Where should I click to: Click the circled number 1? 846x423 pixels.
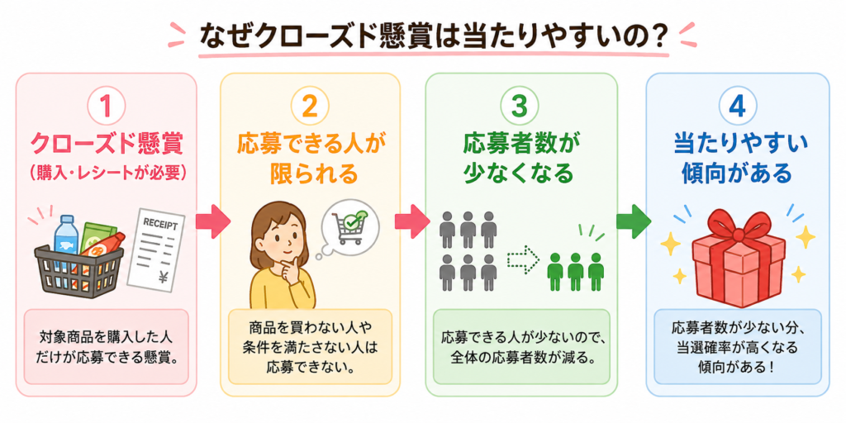click(x=107, y=107)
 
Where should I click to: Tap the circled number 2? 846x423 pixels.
click(x=309, y=107)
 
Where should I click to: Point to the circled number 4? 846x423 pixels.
click(x=736, y=107)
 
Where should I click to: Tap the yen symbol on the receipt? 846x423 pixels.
click(x=164, y=277)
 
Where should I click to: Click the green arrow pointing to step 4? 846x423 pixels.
click(x=633, y=221)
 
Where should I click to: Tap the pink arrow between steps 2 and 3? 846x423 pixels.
click(x=412, y=221)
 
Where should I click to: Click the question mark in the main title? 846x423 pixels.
click(x=657, y=36)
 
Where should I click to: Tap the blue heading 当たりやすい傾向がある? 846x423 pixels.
click(x=737, y=158)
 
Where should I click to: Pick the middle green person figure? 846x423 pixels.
click(x=576, y=271)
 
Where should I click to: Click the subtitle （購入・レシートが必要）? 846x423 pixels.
click(x=107, y=173)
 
